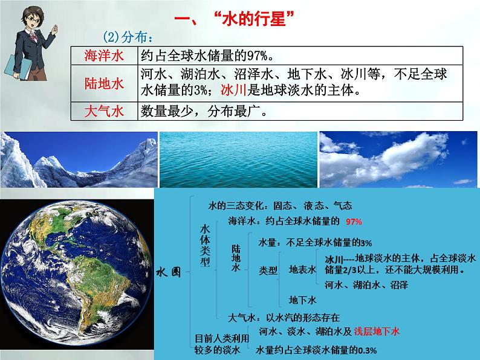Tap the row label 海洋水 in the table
coord(103,56)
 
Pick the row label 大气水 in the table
coord(103,112)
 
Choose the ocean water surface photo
coord(238,159)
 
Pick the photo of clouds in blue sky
coord(398,159)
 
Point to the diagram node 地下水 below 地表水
coord(303,300)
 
